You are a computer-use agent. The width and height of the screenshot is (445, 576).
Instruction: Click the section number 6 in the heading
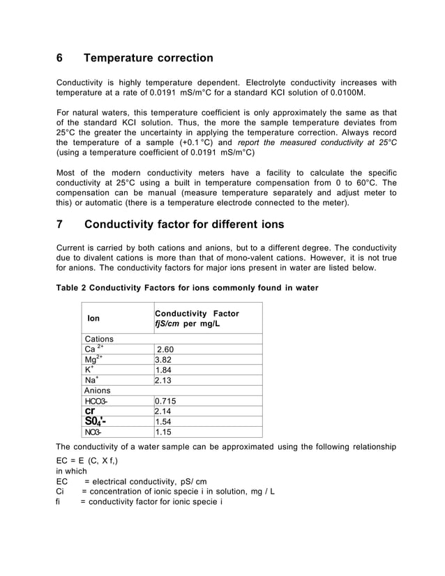point(60,58)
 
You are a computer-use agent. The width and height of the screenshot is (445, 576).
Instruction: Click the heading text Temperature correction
point(149,58)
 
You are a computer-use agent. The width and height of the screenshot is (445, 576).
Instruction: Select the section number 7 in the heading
point(60,225)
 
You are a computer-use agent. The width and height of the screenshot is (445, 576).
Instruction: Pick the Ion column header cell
point(93,319)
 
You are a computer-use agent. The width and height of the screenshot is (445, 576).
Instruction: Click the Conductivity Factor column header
point(197,319)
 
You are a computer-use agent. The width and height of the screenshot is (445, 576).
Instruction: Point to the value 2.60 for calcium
point(165,349)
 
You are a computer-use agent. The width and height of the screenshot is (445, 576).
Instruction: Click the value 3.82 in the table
point(164,360)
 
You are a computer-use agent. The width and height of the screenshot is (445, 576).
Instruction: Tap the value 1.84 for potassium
point(164,370)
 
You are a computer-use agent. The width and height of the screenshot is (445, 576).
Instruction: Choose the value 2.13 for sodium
point(164,381)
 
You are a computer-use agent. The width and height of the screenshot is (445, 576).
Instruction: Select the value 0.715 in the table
point(166,401)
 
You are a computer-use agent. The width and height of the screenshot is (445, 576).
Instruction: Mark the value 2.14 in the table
point(164,411)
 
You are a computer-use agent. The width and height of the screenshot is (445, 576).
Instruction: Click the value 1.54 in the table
point(164,422)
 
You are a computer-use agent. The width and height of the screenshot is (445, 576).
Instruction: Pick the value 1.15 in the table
point(164,432)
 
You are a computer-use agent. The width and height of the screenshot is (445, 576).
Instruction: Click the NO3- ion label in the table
point(93,432)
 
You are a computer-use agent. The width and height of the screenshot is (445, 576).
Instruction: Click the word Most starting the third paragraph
point(67,173)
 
